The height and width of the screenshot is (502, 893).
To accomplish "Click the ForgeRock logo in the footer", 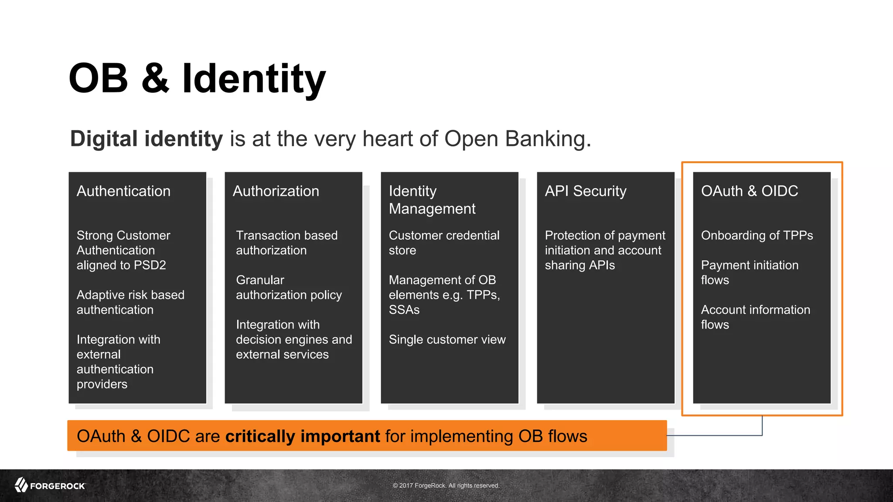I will [x=50, y=485].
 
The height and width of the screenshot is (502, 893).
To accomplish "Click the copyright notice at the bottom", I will [x=446, y=485].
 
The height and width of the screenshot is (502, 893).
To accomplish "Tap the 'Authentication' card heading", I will [x=123, y=191].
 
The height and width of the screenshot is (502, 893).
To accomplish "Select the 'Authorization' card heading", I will [x=276, y=191].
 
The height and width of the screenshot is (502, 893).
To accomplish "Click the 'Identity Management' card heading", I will [x=432, y=200].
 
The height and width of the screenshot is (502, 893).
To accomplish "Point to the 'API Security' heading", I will [x=585, y=191].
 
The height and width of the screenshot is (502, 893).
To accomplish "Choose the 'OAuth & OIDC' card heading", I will [x=749, y=191].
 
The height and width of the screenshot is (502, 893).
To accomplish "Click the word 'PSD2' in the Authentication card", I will [x=150, y=265].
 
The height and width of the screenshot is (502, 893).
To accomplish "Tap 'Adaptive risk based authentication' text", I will [x=130, y=302].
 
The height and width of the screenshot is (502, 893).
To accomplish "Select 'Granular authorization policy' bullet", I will [x=288, y=287].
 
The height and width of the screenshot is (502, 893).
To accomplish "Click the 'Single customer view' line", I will [x=447, y=339].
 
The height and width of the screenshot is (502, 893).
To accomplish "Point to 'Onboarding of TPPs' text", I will [x=757, y=235].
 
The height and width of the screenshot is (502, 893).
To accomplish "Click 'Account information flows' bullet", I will [x=755, y=317].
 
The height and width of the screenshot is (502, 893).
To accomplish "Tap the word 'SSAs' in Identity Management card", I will [x=404, y=310].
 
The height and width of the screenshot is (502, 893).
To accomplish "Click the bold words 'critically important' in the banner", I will [x=303, y=436].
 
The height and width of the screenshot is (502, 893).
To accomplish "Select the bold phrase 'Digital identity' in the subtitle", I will [x=146, y=139].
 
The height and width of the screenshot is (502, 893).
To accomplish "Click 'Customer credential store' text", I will [x=443, y=243].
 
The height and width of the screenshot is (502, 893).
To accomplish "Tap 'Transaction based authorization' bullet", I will [x=286, y=243].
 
